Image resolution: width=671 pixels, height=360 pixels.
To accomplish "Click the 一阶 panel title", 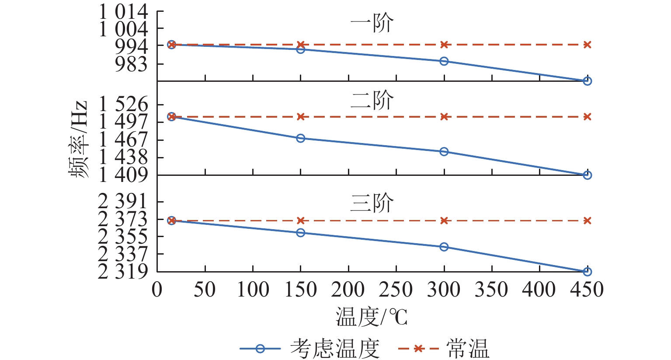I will tap(372, 24).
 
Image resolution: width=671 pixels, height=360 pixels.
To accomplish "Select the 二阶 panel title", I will tap(372, 101).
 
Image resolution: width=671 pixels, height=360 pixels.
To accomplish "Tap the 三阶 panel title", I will tap(372, 203).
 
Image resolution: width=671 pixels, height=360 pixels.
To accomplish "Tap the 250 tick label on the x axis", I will tap(396, 290).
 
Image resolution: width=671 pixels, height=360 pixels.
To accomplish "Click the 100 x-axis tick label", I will tap(253, 290).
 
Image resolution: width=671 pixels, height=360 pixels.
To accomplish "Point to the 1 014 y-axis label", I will tap(124, 12).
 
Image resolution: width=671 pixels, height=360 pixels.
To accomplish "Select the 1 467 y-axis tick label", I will tap(124, 140).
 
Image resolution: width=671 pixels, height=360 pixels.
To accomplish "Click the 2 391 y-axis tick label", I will tap(124, 202).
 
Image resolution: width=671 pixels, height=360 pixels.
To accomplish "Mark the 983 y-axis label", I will tap(131, 64).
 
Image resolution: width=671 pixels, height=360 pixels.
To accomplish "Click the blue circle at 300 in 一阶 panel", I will tap(444, 61).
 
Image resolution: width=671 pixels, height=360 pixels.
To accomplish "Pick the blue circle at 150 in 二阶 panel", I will tap(300, 138).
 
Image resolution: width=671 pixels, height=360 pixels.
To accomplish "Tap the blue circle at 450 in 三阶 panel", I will tap(587, 272).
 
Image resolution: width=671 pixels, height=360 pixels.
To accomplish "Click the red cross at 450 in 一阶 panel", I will tap(587, 45).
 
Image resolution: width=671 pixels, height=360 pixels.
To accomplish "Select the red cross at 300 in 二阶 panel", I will tap(444, 117).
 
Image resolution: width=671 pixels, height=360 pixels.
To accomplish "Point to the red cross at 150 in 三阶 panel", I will tap(300, 220).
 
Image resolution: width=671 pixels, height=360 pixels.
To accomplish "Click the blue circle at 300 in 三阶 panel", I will tap(444, 247).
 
